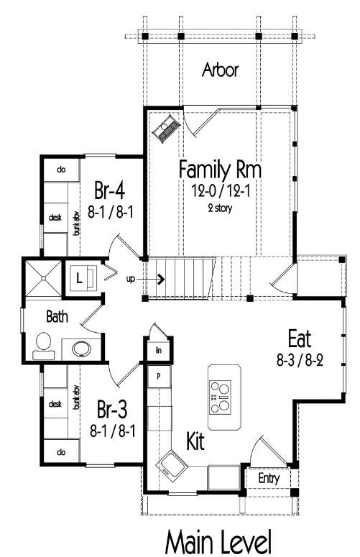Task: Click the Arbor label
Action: coord(220,70)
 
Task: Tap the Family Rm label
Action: coord(220,170)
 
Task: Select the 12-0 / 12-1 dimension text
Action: coord(221,191)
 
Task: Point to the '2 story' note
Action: coord(220,208)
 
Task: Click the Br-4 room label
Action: coord(110,190)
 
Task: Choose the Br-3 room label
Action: coord(112,409)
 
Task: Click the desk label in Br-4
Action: coord(55,217)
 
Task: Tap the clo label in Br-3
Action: coord(61,452)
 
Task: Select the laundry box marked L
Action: coord(82,278)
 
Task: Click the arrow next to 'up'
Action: coord(150,279)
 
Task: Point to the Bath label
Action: coord(57,316)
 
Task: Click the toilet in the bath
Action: coord(44,346)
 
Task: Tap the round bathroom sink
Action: coord(82,349)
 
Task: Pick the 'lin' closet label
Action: coord(158,350)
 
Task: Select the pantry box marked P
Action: coord(159,376)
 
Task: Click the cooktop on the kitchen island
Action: coord(220,397)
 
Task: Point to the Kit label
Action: coord(195,441)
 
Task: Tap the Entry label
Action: coord(269,478)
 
